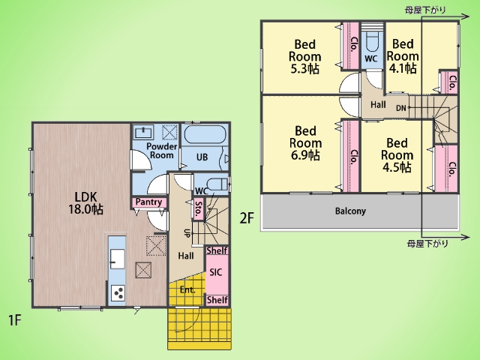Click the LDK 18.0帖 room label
(85, 203)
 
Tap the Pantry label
(148, 202)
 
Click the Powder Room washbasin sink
(144, 132)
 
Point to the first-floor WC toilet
(217, 184)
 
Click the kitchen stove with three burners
(118, 293)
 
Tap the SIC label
(215, 272)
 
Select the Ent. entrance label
(187, 290)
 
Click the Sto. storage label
(199, 209)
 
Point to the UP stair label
(187, 233)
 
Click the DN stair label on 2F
(401, 108)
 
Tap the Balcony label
(350, 211)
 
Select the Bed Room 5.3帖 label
(305, 57)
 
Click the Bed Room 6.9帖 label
(305, 143)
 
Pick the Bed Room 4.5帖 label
(397, 155)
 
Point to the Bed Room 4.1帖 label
(403, 56)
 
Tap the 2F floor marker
(247, 218)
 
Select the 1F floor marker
(14, 320)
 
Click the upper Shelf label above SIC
(217, 250)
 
